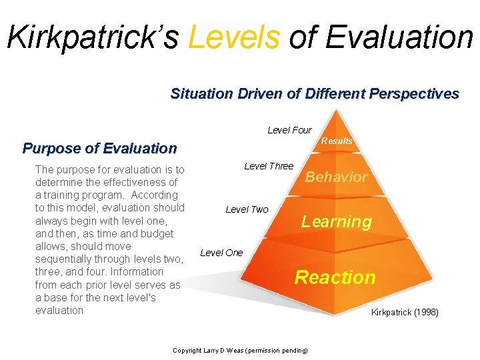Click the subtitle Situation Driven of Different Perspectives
tap(315, 94)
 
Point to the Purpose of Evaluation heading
tap(99, 148)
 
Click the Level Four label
tap(289, 130)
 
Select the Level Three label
tap(269, 166)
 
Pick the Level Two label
tap(247, 209)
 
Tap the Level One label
tap(221, 253)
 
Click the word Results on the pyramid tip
tap(337, 141)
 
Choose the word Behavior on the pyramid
tap(336, 177)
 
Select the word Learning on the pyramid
tap(336, 222)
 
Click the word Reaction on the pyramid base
tap(335, 277)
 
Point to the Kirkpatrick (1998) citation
tap(405, 312)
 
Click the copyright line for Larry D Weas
tap(240, 350)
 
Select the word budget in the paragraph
tap(156, 233)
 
